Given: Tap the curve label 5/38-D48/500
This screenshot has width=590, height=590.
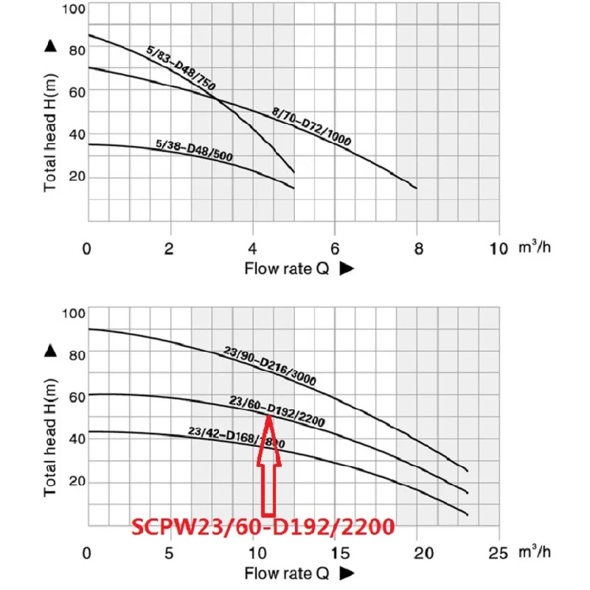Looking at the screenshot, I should [194, 149].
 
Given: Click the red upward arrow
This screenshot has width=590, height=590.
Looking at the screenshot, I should [269, 465].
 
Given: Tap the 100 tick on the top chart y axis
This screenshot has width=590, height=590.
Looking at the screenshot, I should [77, 9].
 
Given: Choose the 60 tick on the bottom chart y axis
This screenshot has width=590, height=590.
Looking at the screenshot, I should [77, 396].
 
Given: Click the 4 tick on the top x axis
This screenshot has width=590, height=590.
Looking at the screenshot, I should [253, 249].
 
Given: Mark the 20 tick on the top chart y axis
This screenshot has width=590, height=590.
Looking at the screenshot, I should [77, 178].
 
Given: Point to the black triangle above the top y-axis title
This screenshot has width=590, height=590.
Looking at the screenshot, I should [50, 46].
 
